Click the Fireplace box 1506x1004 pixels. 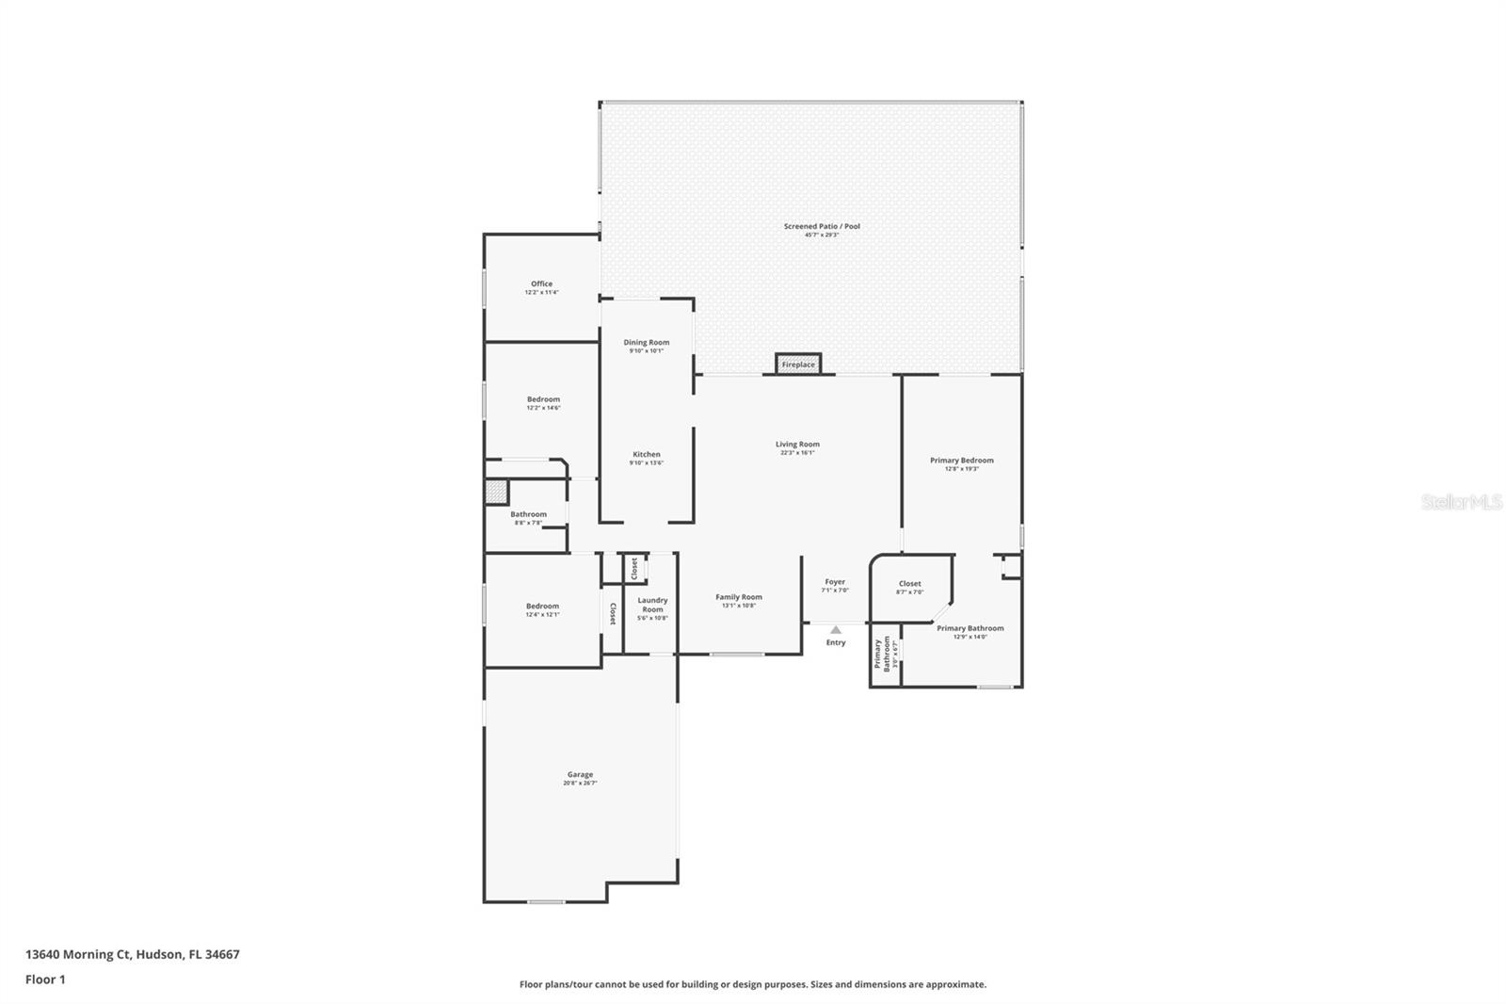point(798,364)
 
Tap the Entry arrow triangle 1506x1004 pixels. point(836,630)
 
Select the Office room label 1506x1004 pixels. point(541,283)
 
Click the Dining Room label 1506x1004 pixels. point(647,343)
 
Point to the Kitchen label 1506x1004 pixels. point(647,455)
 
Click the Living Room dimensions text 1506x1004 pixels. point(797,453)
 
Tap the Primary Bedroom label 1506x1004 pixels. point(962,461)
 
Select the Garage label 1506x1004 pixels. point(580,775)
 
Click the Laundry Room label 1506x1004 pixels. point(652,605)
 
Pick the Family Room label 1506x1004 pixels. point(739,597)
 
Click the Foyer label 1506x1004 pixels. point(835,582)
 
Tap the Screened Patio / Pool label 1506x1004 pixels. point(822,226)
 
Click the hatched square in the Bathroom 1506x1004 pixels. point(497,492)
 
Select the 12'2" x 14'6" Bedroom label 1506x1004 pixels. point(543,399)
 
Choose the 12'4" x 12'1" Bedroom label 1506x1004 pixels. point(542,607)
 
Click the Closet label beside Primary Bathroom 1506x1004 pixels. point(909,584)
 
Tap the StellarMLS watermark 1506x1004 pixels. point(1461,503)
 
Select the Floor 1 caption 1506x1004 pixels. point(45,980)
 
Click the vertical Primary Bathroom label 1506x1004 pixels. point(881,654)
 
